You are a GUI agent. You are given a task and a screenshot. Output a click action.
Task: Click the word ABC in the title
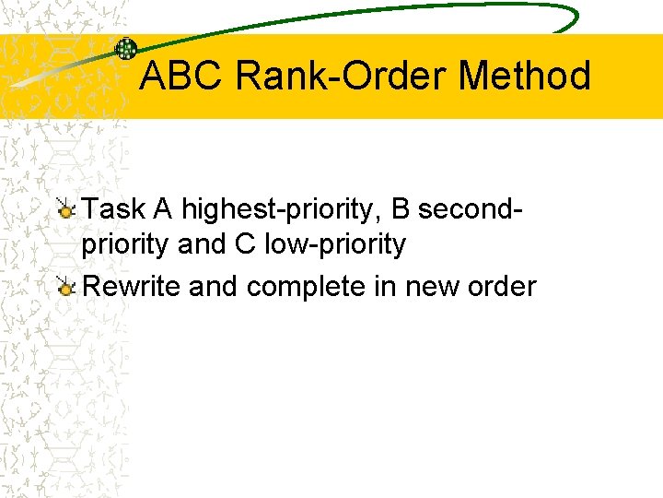coord(180,76)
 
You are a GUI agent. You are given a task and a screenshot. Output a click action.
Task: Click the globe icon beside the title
coord(125,49)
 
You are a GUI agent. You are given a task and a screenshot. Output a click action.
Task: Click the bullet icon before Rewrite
coord(65,288)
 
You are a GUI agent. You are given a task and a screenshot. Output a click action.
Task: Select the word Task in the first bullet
coord(114,209)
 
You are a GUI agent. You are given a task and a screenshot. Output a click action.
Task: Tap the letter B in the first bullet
coord(401,209)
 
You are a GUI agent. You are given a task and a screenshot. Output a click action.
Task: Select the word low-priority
coord(335,245)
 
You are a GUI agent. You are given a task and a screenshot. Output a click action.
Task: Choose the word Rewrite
coord(132,287)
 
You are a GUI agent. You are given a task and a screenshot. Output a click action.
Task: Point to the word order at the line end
coord(502,287)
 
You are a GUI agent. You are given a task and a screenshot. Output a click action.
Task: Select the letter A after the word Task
coord(163,209)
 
